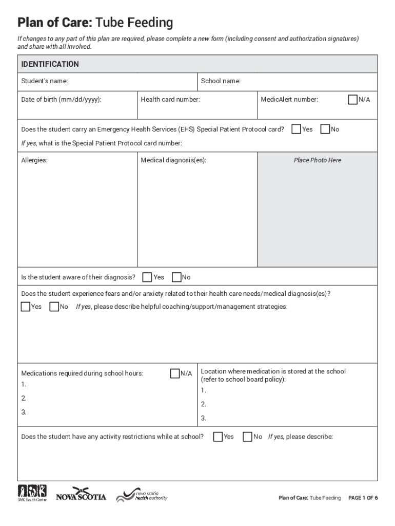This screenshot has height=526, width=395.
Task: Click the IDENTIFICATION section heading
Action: pyautogui.click(x=50, y=64)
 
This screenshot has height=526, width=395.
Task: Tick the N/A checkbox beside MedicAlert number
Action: pyautogui.click(x=352, y=100)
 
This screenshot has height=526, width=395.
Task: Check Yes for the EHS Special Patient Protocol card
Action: pyautogui.click(x=296, y=129)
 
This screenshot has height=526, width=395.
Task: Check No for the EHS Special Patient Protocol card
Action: pyautogui.click(x=325, y=129)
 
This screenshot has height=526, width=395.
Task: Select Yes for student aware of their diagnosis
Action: pyautogui.click(x=147, y=277)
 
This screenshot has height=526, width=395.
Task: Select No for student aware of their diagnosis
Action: pyautogui.click(x=176, y=277)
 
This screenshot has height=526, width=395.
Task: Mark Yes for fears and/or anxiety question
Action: pyautogui.click(x=26, y=307)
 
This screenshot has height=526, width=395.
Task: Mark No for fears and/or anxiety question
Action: pyautogui.click(x=54, y=307)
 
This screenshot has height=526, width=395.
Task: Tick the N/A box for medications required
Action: pyautogui.click(x=174, y=373)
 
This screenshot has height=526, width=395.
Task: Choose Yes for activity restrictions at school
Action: pyautogui.click(x=218, y=437)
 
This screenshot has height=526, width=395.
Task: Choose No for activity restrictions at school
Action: pyautogui.click(x=247, y=437)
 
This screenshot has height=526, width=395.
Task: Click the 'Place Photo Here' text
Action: pyautogui.click(x=317, y=160)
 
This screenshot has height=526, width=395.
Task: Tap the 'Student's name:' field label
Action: pyautogui.click(x=44, y=81)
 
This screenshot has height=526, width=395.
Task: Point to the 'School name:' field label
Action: pyautogui.click(x=221, y=81)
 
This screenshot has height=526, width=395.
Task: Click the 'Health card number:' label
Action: pyautogui.click(x=170, y=100)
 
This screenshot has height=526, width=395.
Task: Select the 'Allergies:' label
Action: pyautogui.click(x=34, y=160)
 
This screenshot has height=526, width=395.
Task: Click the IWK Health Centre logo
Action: pyautogui.click(x=32, y=493)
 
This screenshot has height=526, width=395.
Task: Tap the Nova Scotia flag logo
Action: pyautogui.click(x=81, y=494)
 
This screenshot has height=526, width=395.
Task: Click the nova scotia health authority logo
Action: pyautogui.click(x=142, y=495)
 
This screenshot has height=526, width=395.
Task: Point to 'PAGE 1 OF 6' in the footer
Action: pyautogui.click(x=363, y=498)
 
